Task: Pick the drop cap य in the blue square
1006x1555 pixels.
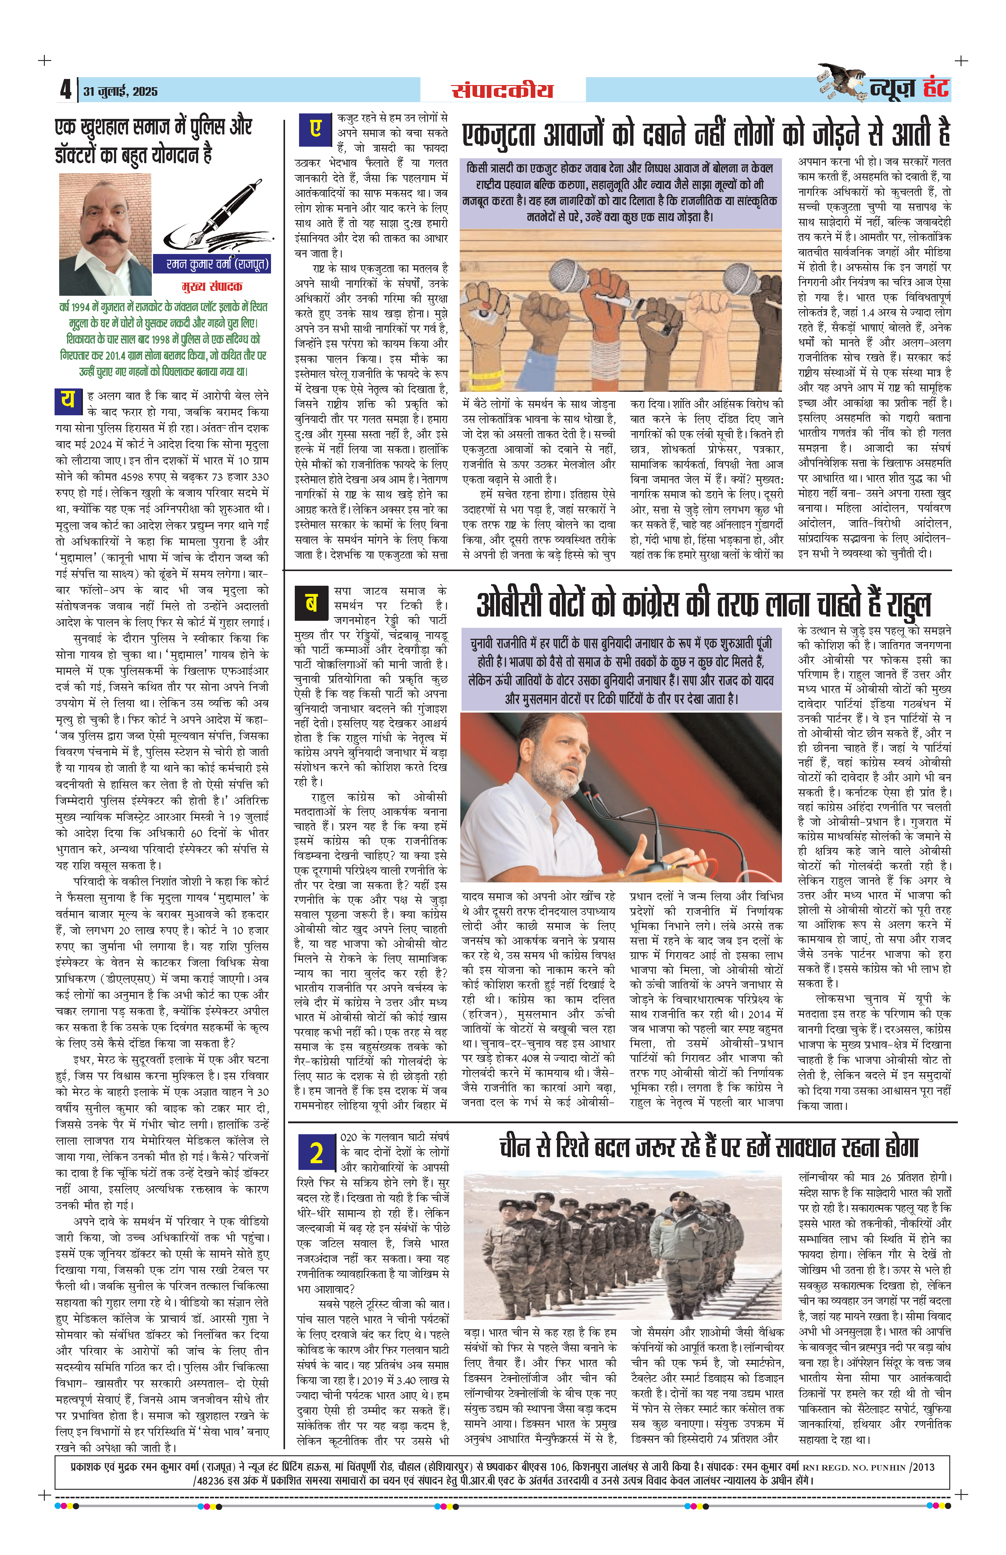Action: [68, 401]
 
